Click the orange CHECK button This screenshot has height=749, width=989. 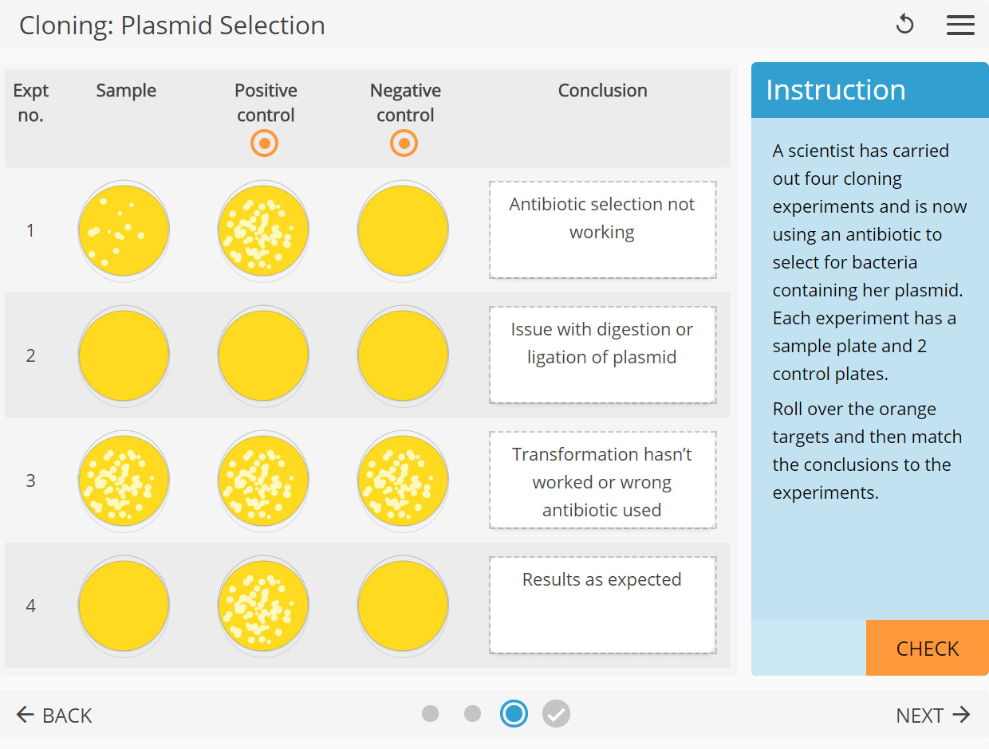[x=927, y=648]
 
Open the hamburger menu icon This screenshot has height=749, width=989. [x=960, y=25]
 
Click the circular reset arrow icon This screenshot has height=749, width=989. [x=904, y=25]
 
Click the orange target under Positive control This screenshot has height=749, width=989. [x=265, y=143]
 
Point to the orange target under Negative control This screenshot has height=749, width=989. [x=404, y=143]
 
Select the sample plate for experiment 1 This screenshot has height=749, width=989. [x=124, y=230]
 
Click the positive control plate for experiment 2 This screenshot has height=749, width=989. [x=263, y=355]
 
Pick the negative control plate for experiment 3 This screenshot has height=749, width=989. [x=403, y=480]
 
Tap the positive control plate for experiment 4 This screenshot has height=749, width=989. [x=263, y=606]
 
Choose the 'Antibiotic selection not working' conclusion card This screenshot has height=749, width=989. [x=602, y=229]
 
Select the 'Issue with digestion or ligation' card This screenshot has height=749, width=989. [x=602, y=355]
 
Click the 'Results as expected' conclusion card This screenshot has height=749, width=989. [x=602, y=605]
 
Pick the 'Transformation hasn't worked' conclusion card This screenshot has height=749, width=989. [x=602, y=480]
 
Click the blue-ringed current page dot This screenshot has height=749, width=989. [x=514, y=713]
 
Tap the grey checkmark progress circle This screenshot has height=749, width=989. [x=557, y=713]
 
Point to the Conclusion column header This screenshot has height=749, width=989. [x=602, y=91]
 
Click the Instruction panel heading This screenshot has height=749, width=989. [x=836, y=90]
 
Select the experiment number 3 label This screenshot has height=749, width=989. [x=30, y=480]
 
